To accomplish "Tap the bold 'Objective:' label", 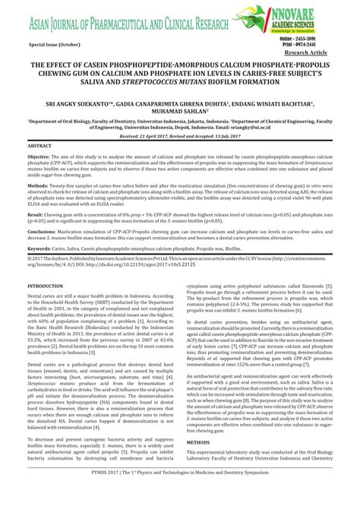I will tap(39, 154).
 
